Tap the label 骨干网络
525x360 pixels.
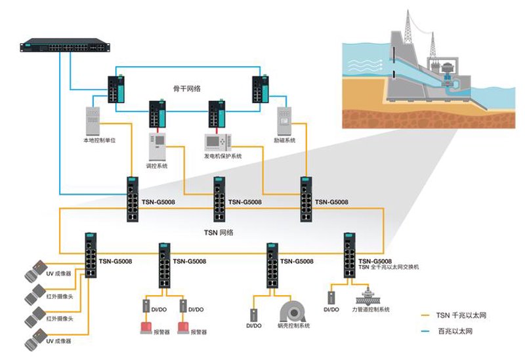tap(187, 89)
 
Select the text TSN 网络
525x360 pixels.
tap(219, 233)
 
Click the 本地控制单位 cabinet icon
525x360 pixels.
tap(93, 121)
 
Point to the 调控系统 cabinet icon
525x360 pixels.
tap(157, 147)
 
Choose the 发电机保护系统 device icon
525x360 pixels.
tap(218, 142)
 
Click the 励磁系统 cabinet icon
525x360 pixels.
tap(284, 121)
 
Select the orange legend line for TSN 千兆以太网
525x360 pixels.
tap(425, 315)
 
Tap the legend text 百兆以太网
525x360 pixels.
tap(455, 331)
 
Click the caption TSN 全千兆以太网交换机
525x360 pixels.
tap(388, 267)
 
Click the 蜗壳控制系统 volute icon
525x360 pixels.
tap(293, 311)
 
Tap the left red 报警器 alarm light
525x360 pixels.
tap(146, 327)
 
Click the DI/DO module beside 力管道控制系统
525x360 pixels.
tap(331, 298)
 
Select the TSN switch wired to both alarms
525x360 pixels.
tap(165, 266)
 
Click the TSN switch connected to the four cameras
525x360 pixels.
tap(91, 255)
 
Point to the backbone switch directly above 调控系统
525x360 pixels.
tap(157, 113)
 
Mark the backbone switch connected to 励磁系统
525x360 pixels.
tap(261, 89)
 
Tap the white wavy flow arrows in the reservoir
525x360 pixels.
tap(366, 66)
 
